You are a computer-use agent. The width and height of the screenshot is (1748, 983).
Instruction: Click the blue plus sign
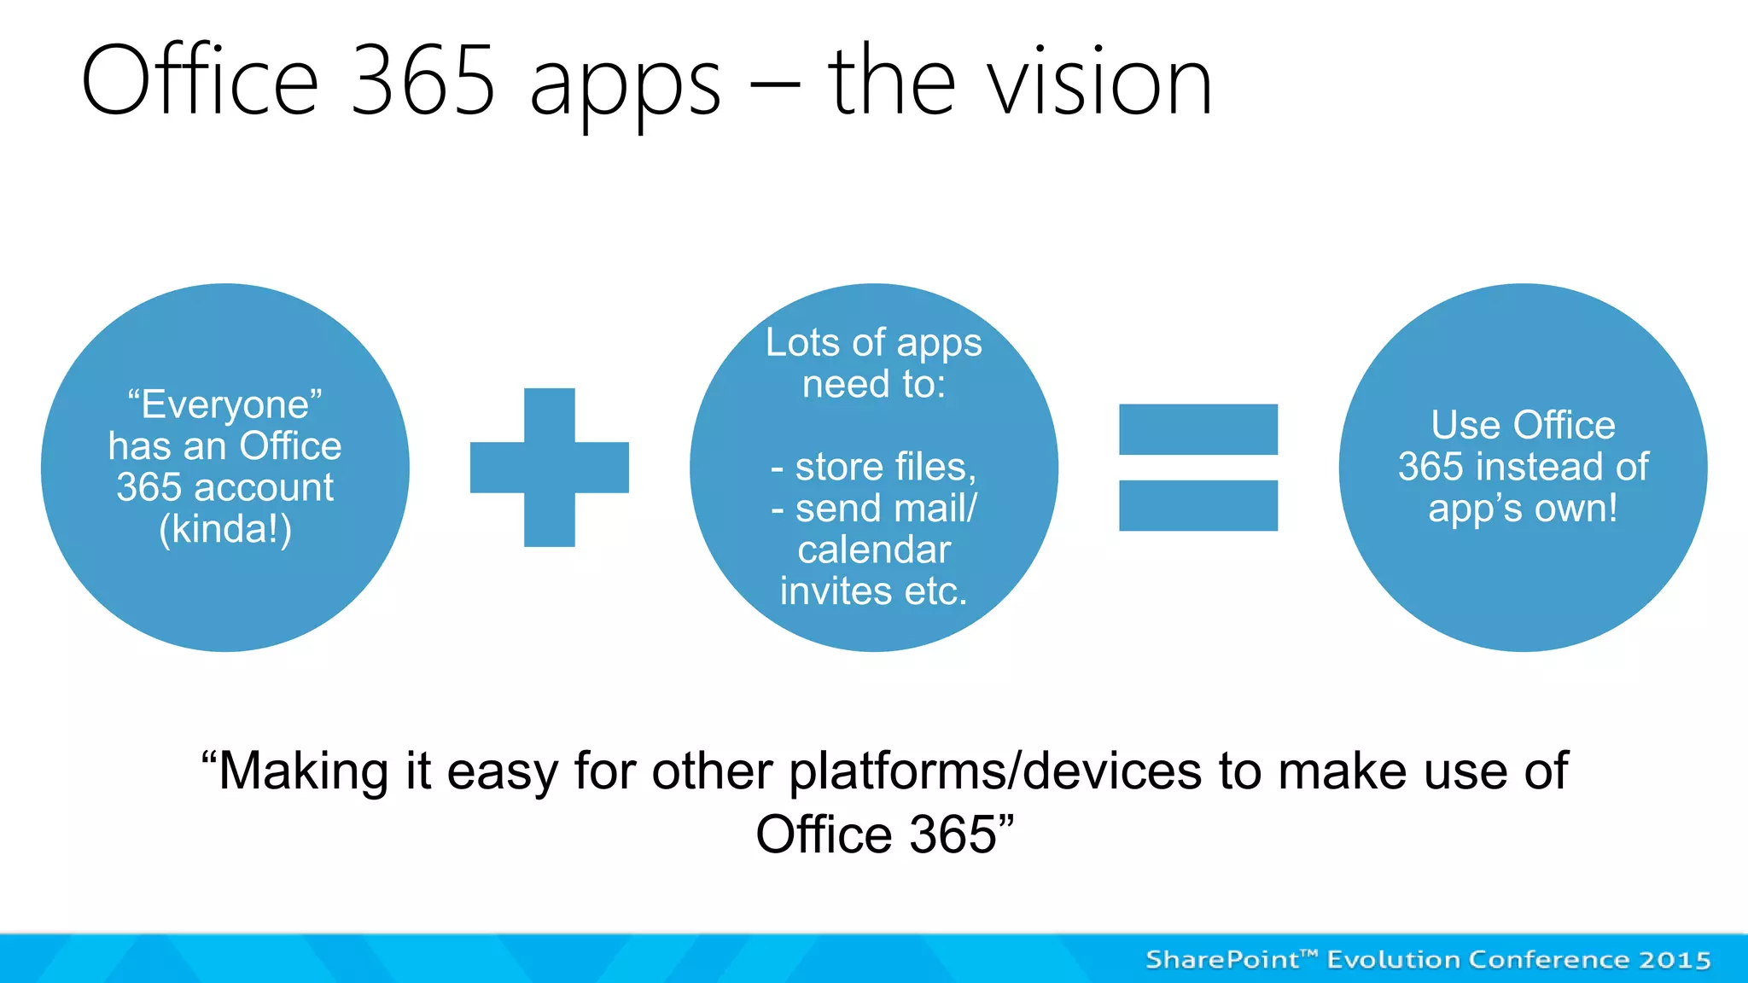(549, 468)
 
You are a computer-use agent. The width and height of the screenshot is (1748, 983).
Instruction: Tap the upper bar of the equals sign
(1197, 429)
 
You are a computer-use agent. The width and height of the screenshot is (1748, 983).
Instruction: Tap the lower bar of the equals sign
(1197, 505)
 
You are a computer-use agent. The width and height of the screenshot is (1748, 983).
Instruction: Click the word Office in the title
(200, 83)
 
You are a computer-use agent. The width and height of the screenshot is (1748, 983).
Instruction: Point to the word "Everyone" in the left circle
(224, 404)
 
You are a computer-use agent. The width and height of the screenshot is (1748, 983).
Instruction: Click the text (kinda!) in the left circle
(225, 529)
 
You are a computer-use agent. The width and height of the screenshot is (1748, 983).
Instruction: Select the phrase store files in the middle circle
(884, 467)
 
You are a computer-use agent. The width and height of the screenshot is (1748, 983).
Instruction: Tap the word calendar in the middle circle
(874, 550)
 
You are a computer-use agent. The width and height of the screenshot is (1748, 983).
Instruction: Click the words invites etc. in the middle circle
(873, 591)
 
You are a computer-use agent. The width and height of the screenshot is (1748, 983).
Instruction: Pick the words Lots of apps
(873, 343)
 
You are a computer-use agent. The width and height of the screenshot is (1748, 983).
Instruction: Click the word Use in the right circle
(1465, 425)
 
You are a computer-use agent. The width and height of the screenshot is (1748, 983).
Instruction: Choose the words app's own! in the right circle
(1523, 509)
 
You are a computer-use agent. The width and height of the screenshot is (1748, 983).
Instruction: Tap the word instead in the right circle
(1540, 467)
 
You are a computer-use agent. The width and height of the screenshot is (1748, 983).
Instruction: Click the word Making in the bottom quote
(303, 771)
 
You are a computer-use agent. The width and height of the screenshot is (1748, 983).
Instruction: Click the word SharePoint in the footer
(1222, 960)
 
